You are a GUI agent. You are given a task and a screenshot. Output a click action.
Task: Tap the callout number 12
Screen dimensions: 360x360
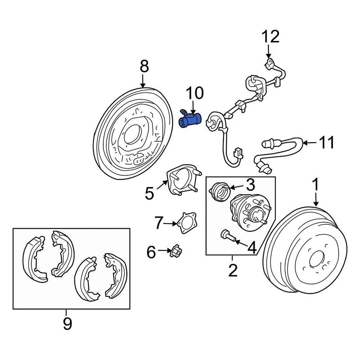(x=270, y=37)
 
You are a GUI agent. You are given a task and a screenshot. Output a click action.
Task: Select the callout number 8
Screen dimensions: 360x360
(x=144, y=67)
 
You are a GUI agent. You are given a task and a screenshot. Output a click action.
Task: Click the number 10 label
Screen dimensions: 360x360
(x=194, y=93)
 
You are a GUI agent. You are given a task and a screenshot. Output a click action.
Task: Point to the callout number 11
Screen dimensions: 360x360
(x=326, y=142)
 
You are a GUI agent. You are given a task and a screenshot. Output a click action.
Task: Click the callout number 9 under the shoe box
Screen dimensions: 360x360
(x=67, y=323)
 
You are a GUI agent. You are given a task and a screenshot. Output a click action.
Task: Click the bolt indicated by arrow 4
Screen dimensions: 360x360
(x=227, y=235)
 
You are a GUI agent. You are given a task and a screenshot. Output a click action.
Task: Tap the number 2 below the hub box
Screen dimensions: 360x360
(x=233, y=270)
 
